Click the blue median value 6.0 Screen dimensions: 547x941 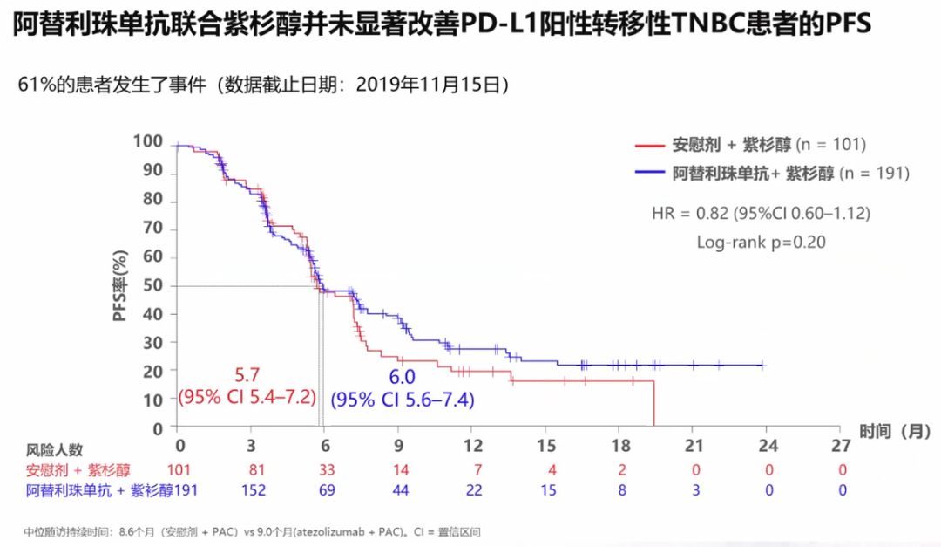click(402, 377)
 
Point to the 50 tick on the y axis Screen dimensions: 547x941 click(153, 285)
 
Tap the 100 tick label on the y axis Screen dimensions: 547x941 click(148, 142)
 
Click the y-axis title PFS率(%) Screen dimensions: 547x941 click(122, 285)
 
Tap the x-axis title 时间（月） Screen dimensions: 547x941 click(897, 430)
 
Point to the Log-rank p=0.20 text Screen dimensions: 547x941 click(761, 242)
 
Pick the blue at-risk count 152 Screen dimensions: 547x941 click(253, 490)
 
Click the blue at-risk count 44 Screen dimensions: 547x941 click(400, 490)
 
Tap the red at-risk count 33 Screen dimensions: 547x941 click(326, 471)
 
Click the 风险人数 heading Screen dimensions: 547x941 click(54, 450)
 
